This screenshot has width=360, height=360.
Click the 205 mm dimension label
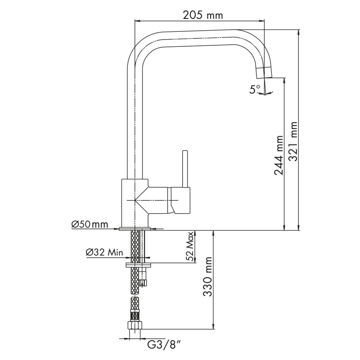[x=203, y=15]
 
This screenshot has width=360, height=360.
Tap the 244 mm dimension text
[x=279, y=155]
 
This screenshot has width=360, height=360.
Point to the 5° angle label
[x=255, y=89]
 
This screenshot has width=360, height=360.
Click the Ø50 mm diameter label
[x=90, y=224]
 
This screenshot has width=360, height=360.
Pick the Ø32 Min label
[x=104, y=252]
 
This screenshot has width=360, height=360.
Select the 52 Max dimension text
[x=189, y=247]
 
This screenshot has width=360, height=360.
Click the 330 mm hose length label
[x=207, y=276]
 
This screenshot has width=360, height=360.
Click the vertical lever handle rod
[x=185, y=169]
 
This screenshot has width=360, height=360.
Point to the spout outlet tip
[x=264, y=73]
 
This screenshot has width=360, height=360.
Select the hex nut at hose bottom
[x=135, y=325]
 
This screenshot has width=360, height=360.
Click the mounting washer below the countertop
[x=138, y=265]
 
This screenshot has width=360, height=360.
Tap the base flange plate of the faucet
[x=135, y=229]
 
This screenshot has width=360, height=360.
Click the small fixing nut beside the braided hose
[x=143, y=278]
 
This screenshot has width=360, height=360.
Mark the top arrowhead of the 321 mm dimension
[x=298, y=32]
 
